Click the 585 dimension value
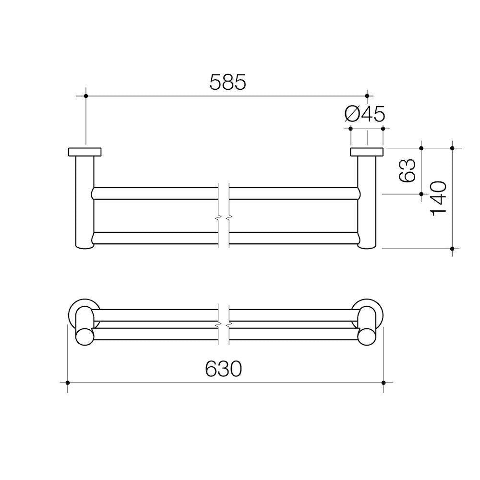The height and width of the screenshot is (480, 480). (x=228, y=83)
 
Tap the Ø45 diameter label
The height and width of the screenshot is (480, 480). (x=365, y=114)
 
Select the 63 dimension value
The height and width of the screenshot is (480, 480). (x=407, y=170)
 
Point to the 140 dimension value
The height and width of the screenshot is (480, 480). (x=439, y=198)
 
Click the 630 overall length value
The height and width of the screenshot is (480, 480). (x=223, y=369)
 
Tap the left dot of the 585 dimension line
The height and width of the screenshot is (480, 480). (x=86, y=96)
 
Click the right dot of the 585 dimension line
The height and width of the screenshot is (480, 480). (x=367, y=96)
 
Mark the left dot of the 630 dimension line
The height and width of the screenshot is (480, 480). (x=68, y=383)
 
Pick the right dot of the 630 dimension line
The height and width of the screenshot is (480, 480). (x=383, y=383)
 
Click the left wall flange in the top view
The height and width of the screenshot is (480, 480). (x=85, y=152)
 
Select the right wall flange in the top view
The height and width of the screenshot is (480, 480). (x=367, y=152)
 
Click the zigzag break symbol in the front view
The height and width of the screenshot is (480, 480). (x=224, y=325)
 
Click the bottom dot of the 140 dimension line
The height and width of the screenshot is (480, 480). (x=453, y=248)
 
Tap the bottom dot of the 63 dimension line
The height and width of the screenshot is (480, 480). (x=421, y=194)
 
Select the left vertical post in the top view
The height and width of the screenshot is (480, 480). (x=85, y=202)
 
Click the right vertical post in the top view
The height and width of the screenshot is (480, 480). (x=367, y=202)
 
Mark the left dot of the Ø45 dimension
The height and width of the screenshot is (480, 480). (x=351, y=129)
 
